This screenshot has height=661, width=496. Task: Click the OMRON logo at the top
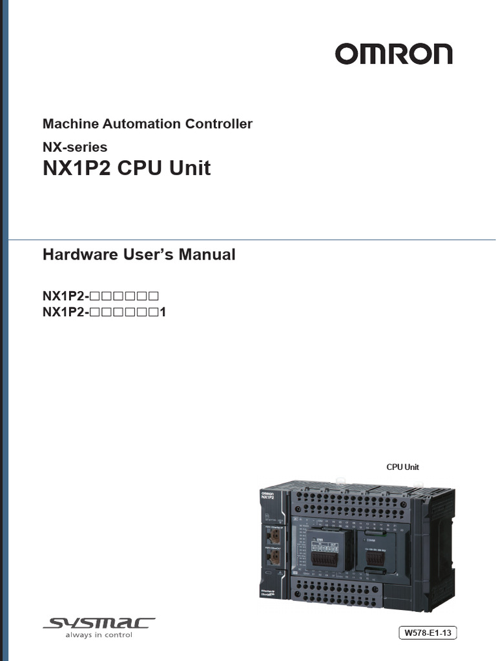tap(393, 54)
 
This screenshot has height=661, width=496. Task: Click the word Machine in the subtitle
tap(67, 123)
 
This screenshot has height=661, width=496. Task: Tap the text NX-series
tap(75, 147)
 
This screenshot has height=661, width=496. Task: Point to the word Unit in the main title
tap(190, 168)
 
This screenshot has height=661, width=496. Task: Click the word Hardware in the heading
tap(77, 254)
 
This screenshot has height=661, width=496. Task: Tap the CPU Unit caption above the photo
tap(402, 467)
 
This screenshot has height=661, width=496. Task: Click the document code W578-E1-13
tap(428, 633)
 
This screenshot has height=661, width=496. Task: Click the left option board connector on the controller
tap(324, 556)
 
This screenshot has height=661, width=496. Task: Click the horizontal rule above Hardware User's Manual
tap(252, 239)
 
